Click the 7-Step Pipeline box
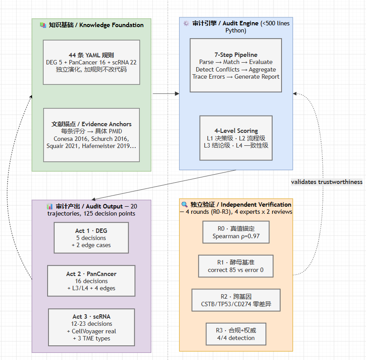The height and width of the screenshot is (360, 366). pos(236,65)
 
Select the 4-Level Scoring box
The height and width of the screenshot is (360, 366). pos(236,138)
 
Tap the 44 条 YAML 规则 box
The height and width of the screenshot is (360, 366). pos(92,62)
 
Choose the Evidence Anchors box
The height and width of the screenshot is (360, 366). pos(92,135)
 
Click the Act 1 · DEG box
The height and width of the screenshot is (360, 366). pos(91,238)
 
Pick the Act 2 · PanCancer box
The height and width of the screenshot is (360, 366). pos(91,281)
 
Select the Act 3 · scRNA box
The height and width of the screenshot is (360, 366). pos(92,328)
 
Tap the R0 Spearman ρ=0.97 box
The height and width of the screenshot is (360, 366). pos(236,232)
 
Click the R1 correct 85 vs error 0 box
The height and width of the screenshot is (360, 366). pos(236,266)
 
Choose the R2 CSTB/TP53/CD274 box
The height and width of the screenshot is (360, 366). pos(236,300)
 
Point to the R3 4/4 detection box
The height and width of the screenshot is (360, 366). pos(236,334)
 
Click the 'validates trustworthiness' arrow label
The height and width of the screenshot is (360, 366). pos(326,182)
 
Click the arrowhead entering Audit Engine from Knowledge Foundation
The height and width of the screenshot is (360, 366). pos(177,94)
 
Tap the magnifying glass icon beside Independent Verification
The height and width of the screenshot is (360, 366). pos(185,204)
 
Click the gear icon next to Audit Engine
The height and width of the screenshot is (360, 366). pos(186,23)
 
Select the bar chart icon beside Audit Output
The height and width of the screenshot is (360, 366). pos(49,206)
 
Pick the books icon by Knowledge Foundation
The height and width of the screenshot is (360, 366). pos(43,25)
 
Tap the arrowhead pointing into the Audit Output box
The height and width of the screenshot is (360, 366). pos(93,199)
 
